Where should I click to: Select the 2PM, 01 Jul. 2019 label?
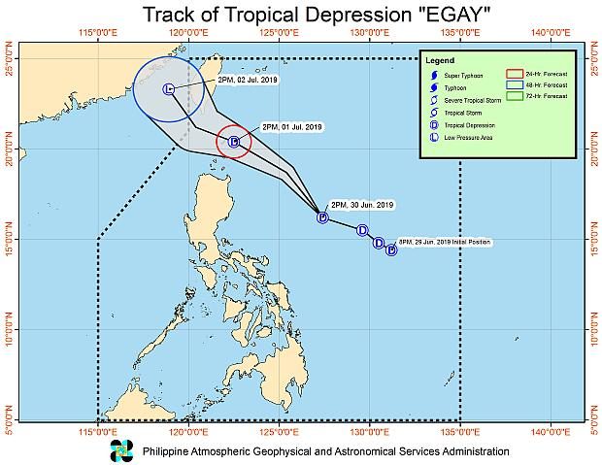click(x=292, y=127)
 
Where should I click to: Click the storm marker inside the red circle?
click(x=234, y=142)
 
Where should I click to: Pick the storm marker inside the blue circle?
click(x=168, y=89)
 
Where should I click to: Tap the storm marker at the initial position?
click(x=391, y=249)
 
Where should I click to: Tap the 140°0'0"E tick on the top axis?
click(x=551, y=33)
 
